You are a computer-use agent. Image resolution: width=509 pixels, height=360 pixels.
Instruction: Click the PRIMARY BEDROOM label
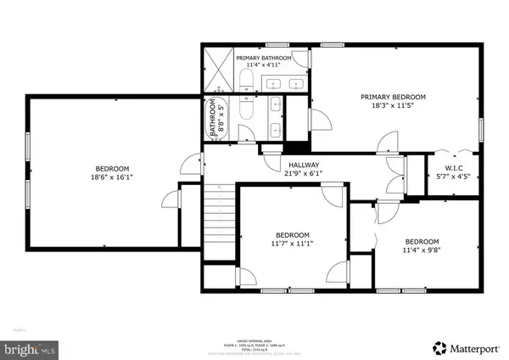click(x=393, y=97)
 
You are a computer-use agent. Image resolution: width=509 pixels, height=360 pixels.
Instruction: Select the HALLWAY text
click(x=305, y=165)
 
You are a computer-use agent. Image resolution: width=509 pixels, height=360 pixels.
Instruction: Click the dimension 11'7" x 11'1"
click(x=292, y=245)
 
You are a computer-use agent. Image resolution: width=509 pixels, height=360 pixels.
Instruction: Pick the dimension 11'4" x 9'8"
click(x=421, y=250)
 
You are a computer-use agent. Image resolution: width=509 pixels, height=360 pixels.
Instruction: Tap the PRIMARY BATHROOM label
click(x=264, y=58)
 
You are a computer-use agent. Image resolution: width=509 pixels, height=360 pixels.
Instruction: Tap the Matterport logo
click(x=467, y=347)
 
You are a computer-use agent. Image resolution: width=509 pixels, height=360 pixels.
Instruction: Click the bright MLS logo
click(x=30, y=347)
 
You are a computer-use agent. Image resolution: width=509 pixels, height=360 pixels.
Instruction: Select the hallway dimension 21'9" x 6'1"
click(x=305, y=174)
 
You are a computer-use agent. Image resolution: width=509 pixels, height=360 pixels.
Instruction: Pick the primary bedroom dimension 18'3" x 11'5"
click(x=393, y=106)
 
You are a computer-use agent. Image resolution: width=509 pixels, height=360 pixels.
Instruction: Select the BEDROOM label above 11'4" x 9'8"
click(x=421, y=240)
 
